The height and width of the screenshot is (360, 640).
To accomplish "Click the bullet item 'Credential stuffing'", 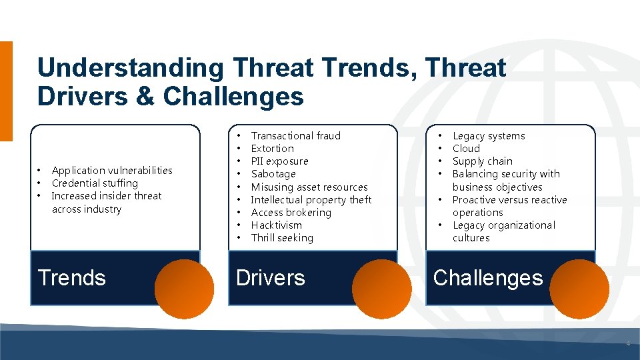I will pos(95,183).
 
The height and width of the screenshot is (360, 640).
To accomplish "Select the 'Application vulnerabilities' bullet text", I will pos(112,171).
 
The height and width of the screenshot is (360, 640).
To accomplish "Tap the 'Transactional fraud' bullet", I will pos(295,136).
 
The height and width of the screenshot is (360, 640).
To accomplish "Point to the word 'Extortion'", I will pos(272,149).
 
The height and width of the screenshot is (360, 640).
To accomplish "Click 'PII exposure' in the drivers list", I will pos(279,161).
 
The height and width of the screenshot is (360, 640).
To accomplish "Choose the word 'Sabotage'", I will pos(273,174).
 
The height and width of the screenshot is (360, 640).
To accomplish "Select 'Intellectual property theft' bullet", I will pos(311,200).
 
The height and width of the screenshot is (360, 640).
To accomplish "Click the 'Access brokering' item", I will pos(291,213).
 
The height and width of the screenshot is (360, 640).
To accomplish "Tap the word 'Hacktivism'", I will pos(276,225).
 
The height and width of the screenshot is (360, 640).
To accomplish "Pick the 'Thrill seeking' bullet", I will pos(281,238).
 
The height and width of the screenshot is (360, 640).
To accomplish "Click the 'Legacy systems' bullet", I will pos(489,136).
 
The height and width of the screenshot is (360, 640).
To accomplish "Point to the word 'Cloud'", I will pos(466,149).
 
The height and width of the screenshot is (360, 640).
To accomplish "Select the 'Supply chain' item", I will pos(482,161).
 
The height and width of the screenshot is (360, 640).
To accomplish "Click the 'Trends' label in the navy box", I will pos(72,277).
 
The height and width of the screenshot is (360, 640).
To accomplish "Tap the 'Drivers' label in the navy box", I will pos(271,277).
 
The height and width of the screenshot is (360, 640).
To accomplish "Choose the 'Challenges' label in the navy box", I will pos(488,277).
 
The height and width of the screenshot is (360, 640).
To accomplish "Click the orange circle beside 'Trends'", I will pos(184,289).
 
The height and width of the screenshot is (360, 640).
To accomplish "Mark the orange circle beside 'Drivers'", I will pos(381,289).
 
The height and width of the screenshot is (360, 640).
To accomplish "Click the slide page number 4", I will pos(627,344).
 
